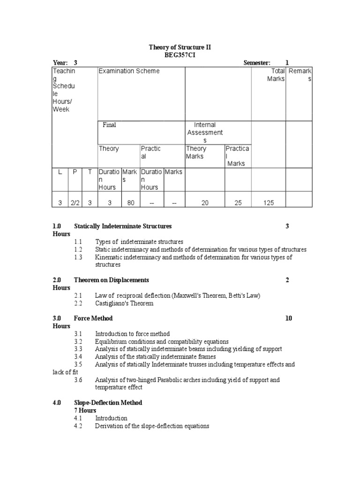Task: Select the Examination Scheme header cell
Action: (128, 71)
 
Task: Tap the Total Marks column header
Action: (275, 75)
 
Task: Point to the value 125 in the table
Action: (269, 203)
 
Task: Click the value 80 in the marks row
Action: (130, 203)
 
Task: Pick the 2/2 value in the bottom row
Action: (75, 203)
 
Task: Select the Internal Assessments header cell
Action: (204, 133)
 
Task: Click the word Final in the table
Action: (109, 125)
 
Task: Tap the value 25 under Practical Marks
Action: (238, 203)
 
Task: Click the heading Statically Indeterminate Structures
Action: (123, 226)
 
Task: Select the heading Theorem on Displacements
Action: (111, 280)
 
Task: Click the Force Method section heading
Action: (93, 318)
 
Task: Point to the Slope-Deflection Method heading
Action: (108, 403)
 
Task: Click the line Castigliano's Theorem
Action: (124, 303)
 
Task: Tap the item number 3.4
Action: (78, 357)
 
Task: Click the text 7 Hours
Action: (85, 410)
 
